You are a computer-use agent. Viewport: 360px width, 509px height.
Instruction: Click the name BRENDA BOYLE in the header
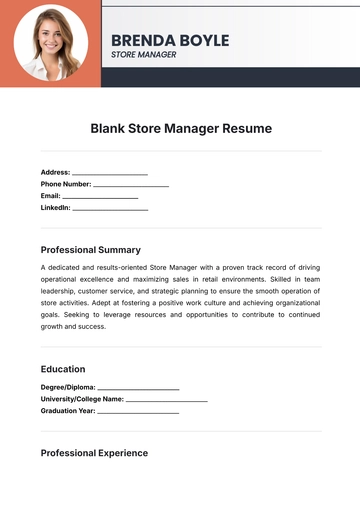[x=170, y=40]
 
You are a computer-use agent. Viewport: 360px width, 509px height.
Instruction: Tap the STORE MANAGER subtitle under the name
[x=143, y=55]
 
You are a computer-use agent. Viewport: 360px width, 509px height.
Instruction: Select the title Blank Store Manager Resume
[x=181, y=129]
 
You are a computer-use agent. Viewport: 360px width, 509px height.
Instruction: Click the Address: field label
[x=55, y=172]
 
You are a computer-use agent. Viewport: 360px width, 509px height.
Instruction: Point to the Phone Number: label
[x=66, y=184]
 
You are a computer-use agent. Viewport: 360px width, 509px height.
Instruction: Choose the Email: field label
[x=51, y=196]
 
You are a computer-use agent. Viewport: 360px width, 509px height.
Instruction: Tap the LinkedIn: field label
[x=56, y=208]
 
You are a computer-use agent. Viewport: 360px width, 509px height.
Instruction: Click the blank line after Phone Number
[x=131, y=186]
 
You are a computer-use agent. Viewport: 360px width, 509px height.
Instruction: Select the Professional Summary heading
[x=91, y=250]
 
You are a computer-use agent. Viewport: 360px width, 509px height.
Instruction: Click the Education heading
[x=63, y=369]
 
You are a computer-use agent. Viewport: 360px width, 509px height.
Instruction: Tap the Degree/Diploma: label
[x=68, y=387]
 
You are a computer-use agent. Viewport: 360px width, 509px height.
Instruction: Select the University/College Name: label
[x=82, y=399]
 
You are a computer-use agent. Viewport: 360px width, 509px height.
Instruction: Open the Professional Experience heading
[x=94, y=453]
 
